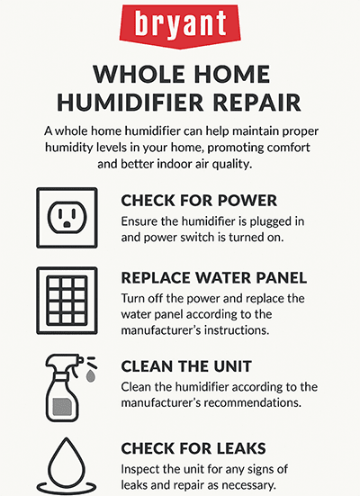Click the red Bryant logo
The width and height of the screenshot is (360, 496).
pos(180,22)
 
